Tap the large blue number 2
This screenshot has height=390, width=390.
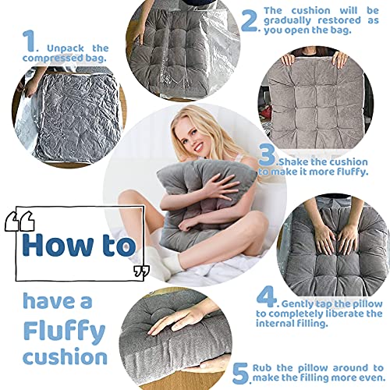[249, 21]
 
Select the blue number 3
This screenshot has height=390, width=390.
[267, 154]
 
